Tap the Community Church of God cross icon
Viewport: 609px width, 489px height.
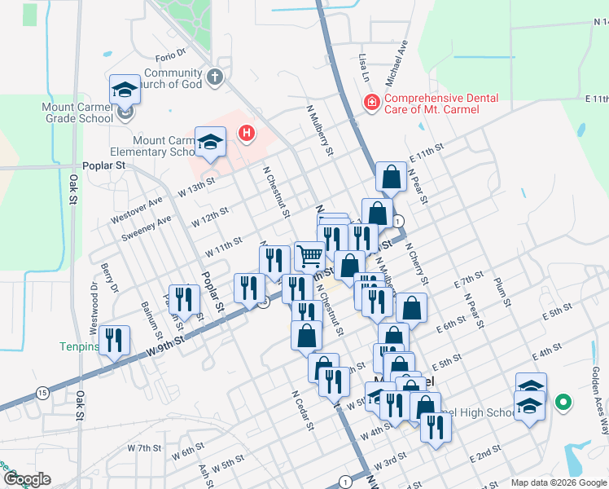pyautogui.click(x=215, y=78)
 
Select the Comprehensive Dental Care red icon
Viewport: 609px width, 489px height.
pyautogui.click(x=370, y=103)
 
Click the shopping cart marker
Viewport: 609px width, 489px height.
pyautogui.click(x=309, y=256)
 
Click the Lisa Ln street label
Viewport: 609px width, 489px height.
pyautogui.click(x=364, y=68)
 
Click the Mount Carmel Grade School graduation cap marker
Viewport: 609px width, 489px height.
pyautogui.click(x=125, y=90)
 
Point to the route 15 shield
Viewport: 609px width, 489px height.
pyautogui.click(x=42, y=393)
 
